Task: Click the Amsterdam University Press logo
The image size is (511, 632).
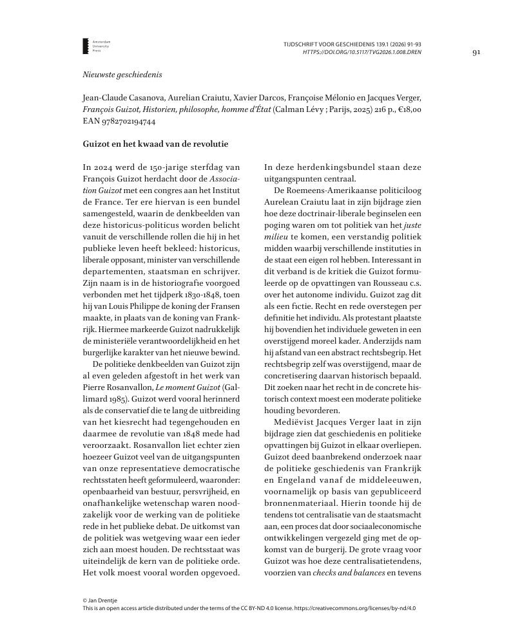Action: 90,46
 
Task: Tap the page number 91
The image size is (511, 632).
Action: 476,53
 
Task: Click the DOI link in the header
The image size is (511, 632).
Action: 362,53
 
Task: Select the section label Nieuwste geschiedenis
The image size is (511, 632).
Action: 119,75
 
